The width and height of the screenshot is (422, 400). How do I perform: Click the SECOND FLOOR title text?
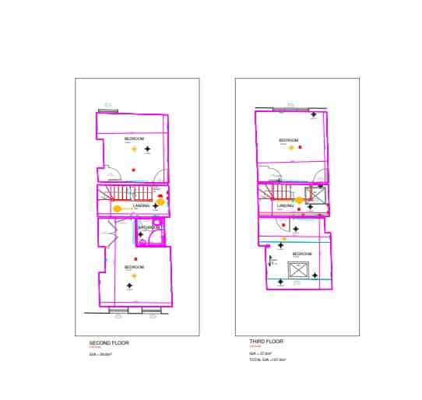(x=108, y=343)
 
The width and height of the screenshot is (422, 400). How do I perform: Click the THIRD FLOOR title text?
(x=267, y=342)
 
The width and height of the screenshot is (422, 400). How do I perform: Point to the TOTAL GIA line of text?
(x=268, y=360)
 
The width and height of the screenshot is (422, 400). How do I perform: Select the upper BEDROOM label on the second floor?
(x=133, y=138)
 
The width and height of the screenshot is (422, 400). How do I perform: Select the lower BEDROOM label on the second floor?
(x=134, y=267)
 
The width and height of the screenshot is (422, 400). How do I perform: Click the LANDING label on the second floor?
(x=141, y=205)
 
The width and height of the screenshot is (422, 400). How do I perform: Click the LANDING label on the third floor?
(x=285, y=205)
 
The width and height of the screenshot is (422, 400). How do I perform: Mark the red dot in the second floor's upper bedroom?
(x=134, y=169)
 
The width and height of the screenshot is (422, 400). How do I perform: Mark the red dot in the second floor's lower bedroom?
(x=135, y=258)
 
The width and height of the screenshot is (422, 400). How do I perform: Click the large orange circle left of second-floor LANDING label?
(x=118, y=209)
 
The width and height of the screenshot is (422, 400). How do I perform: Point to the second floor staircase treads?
(x=124, y=193)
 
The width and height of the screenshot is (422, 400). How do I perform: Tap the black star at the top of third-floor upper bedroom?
(x=314, y=115)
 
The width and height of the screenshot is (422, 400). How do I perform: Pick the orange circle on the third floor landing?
(x=299, y=200)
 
